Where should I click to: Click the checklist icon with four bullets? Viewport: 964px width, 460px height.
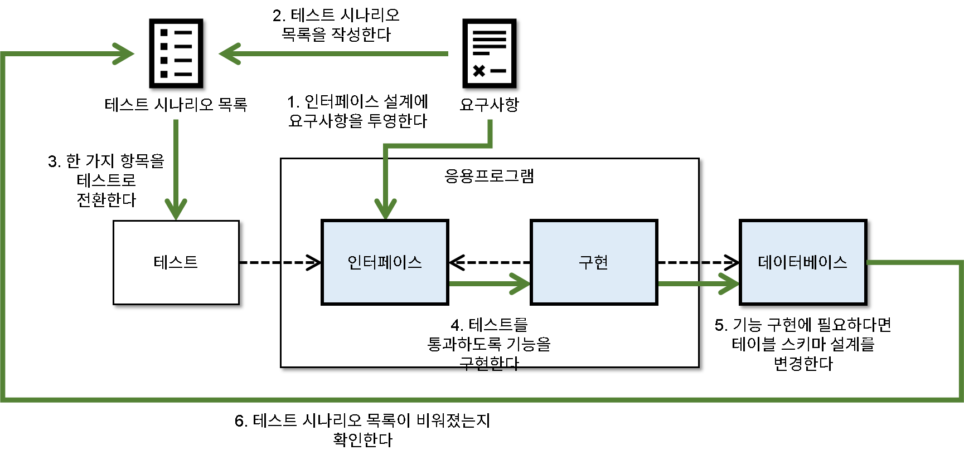point(176,53)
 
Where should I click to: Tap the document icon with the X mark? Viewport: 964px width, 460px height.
point(489,53)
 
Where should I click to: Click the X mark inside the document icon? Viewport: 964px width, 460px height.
point(479,71)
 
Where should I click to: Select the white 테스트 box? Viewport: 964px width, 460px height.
point(176,262)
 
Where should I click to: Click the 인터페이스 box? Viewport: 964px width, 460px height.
point(385,262)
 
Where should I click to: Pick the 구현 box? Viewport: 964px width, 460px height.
point(594,262)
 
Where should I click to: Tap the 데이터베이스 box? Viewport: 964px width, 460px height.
point(803,262)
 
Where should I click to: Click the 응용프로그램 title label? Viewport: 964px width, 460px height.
point(489,176)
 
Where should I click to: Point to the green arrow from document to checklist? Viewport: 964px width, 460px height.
point(335,54)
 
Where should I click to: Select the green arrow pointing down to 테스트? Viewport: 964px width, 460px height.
point(176,167)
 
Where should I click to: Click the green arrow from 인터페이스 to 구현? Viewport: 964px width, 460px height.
point(489,283)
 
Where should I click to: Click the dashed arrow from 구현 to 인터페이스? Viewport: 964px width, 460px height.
point(489,262)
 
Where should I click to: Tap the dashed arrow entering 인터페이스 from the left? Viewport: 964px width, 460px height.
point(301,262)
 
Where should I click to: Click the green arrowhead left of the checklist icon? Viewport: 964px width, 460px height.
point(124,54)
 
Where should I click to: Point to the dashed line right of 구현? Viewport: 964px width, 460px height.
point(678,262)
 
